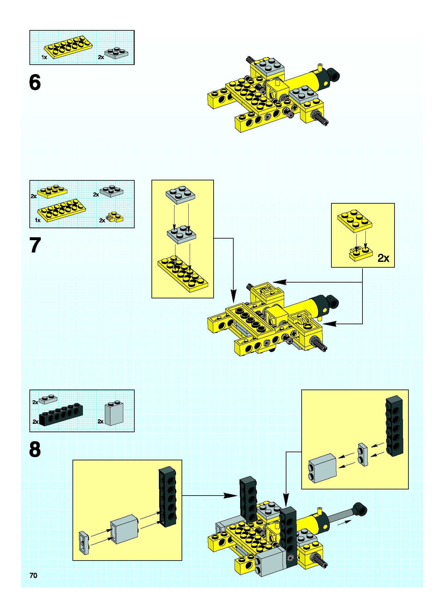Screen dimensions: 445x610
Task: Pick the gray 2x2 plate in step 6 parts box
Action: [116, 53]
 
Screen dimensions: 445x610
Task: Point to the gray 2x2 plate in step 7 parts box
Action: [111, 191]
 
